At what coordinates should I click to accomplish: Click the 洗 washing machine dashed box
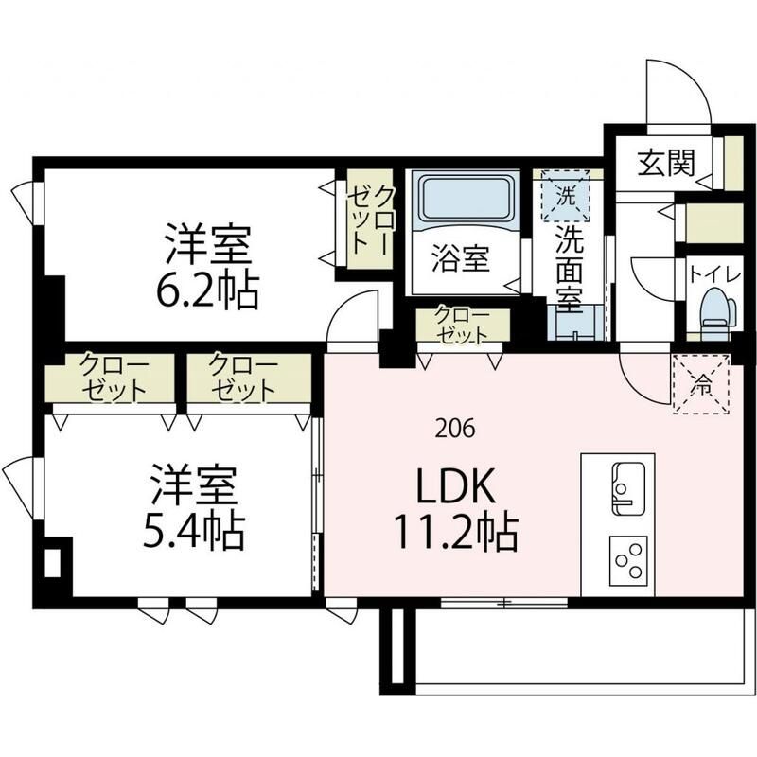point(566,196)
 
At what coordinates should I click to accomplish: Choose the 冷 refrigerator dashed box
point(701,382)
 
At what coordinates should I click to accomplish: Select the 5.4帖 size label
point(196,532)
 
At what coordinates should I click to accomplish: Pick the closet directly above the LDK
point(462,325)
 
